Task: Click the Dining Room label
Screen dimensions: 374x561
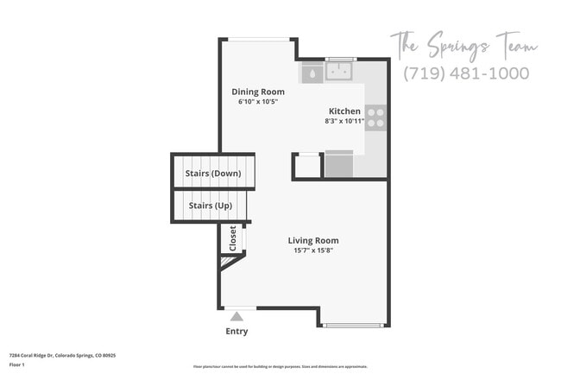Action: coord(258,92)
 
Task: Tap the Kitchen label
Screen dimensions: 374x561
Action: coord(344,111)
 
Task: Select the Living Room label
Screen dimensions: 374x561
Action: coord(313,240)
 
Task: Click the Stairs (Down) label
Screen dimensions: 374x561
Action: coord(213,173)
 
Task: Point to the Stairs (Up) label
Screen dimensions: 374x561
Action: coord(210,206)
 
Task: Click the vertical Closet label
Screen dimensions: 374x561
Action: coord(232,238)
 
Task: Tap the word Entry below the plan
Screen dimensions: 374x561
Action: coord(236,332)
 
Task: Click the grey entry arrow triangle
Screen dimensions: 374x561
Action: coord(236,316)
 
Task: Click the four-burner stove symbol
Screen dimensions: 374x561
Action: coord(375,117)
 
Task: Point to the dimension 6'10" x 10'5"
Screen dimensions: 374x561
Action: coord(258,102)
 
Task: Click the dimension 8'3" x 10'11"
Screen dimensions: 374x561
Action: coord(344,121)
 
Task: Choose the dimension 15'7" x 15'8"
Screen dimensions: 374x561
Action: coord(313,250)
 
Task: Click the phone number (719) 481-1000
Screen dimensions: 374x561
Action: coord(466,73)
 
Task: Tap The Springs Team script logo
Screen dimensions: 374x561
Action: coord(463,43)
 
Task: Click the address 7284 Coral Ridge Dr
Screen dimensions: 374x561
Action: coord(62,355)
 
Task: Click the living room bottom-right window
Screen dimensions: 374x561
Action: coord(353,326)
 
